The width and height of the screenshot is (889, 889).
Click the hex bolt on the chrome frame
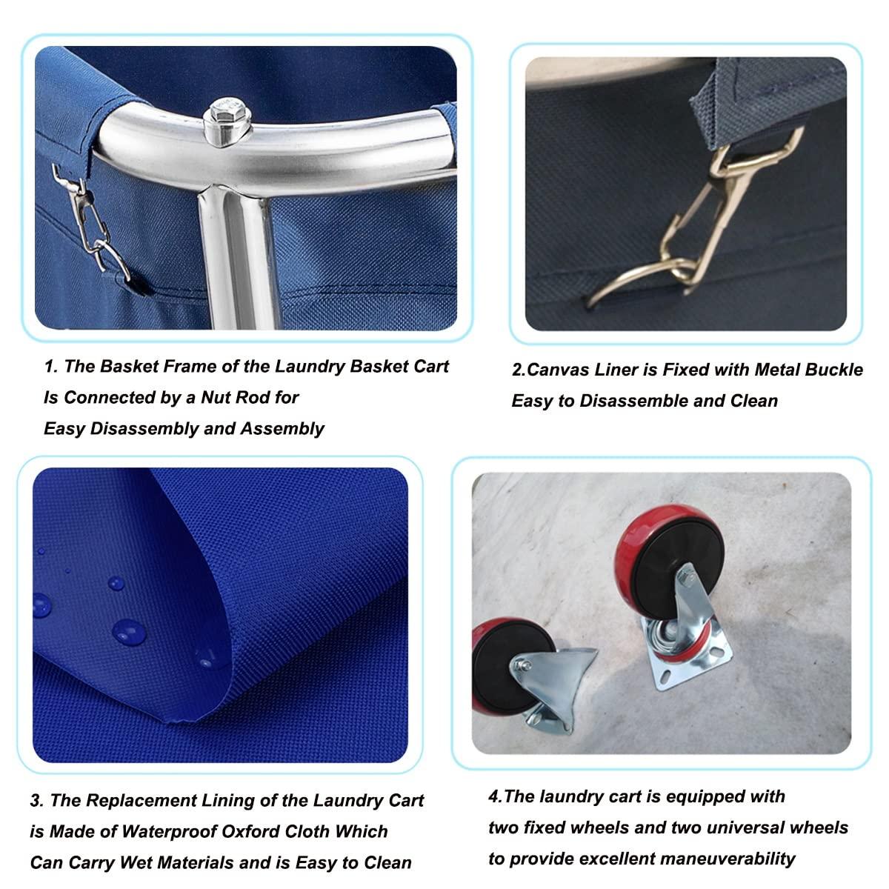(227, 121)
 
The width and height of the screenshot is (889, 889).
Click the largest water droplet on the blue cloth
(129, 631)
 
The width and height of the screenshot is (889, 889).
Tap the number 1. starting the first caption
(51, 366)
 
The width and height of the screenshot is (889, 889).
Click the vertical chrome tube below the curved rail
(236, 259)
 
